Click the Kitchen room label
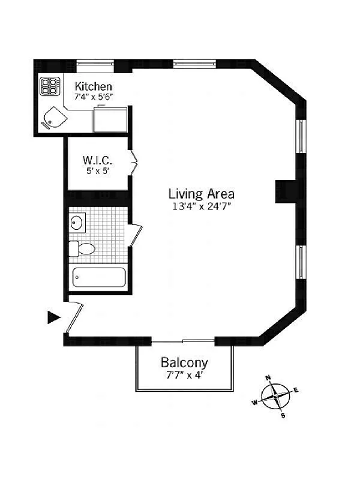pos(93,86)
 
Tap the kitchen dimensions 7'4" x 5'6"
pos(93,96)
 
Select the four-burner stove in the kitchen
pos(49,87)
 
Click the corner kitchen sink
pos(53,119)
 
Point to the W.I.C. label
pos(97,161)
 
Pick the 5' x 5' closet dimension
pos(97,171)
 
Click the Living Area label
pos(201,194)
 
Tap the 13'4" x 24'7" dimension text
pos(201,206)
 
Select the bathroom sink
pos(77,223)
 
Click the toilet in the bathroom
pos(83,248)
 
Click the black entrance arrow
pos(54,317)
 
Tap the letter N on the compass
pos(268,378)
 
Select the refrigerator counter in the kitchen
pos(111,119)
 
